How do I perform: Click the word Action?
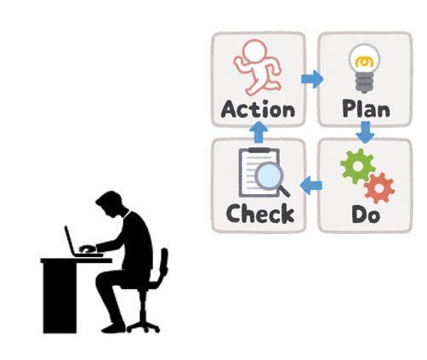click(258, 109)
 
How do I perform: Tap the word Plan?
click(366, 108)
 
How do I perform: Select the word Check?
click(260, 214)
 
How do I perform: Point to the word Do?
click(366, 214)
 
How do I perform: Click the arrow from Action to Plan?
click(312, 79)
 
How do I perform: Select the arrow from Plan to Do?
click(366, 132)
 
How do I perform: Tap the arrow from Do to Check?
click(311, 186)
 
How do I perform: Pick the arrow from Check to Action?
click(259, 132)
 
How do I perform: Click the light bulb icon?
click(364, 68)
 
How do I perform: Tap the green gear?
click(358, 166)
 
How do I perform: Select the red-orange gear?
click(379, 188)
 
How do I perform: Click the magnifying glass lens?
click(268, 176)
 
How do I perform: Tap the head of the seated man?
click(111, 203)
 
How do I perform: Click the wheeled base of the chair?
click(143, 327)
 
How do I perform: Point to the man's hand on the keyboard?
click(87, 249)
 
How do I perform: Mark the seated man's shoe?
click(113, 329)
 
